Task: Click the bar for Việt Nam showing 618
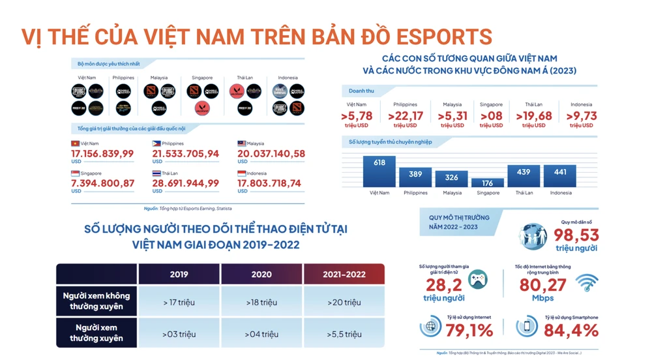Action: [379, 172]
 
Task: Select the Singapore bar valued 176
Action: [488, 183]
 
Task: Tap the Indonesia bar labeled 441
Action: [559, 176]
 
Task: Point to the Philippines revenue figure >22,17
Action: [406, 116]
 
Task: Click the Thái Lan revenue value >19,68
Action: [533, 116]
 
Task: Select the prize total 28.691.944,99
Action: [186, 183]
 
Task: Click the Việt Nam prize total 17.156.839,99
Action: [102, 154]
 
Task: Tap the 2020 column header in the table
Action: [261, 274]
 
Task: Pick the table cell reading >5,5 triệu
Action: [344, 334]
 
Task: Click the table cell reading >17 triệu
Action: [179, 302]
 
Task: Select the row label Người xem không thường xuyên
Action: [96, 301]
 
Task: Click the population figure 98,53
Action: [576, 235]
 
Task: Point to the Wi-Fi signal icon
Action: [587, 282]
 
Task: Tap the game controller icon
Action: [477, 279]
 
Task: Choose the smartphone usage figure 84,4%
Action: [571, 330]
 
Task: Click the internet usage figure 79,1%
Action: [469, 330]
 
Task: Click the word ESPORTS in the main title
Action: [443, 37]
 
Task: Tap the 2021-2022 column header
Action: [344, 274]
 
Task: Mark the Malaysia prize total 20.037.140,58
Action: [271, 154]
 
